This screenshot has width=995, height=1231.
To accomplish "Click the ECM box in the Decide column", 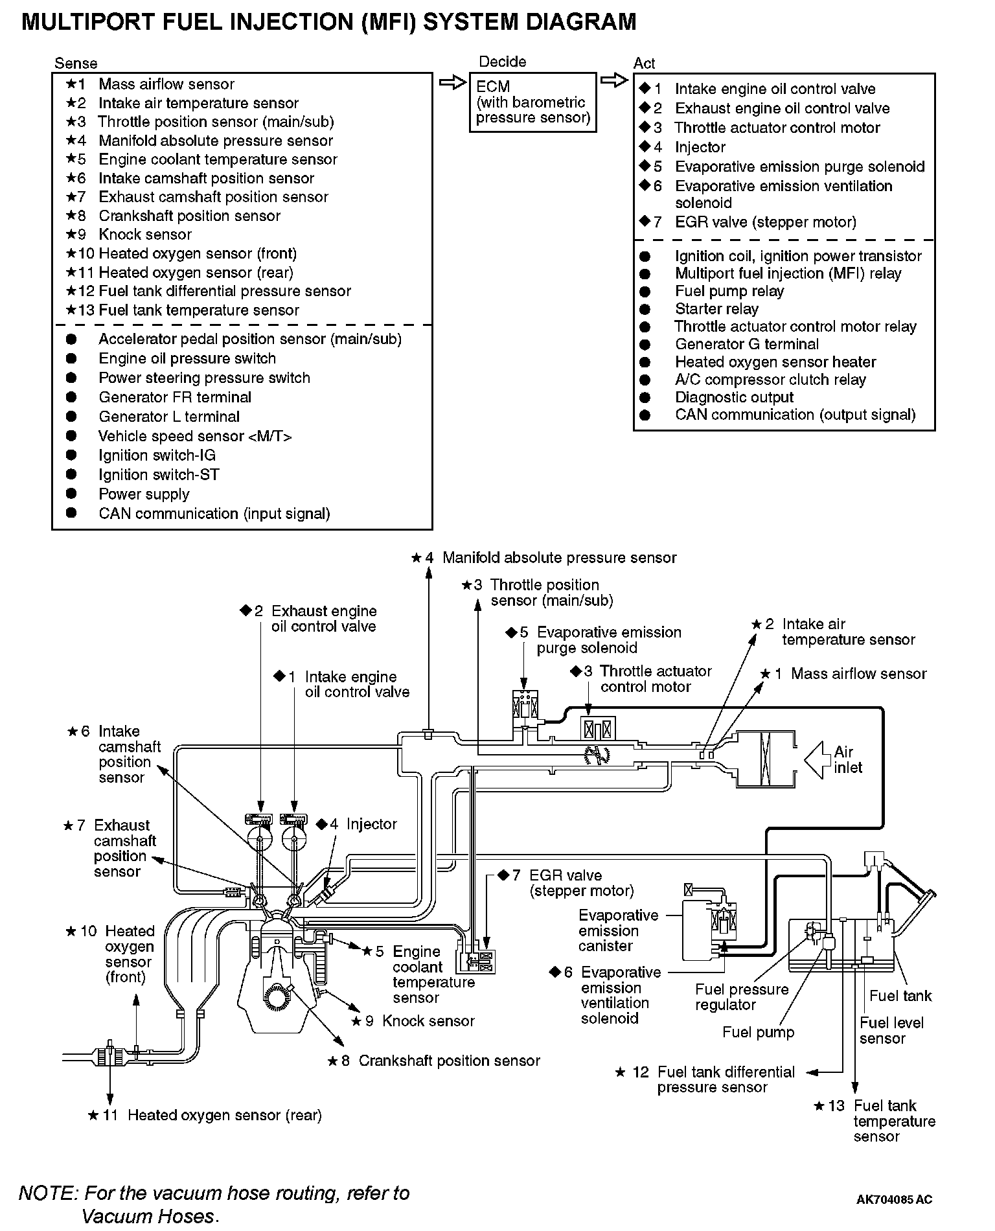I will [532, 102].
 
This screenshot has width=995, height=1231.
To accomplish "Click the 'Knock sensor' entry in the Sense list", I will [144, 235].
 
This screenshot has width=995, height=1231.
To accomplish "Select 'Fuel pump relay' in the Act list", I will [729, 292].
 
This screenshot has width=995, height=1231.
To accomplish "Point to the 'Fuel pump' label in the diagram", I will [758, 1032].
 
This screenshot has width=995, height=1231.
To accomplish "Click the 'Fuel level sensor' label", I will [891, 1030].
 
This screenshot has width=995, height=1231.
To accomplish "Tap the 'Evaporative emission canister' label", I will [618, 930].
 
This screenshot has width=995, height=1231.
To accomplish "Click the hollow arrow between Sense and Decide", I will [452, 82].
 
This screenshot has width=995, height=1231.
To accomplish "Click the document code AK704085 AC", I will [894, 1199].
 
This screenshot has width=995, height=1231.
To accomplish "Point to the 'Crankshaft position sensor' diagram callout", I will [449, 1061].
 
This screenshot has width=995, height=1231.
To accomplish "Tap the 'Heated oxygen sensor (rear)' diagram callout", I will [224, 1115].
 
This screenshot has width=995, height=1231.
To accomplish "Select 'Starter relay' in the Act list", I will [716, 309].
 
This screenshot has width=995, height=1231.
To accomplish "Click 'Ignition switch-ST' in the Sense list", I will [159, 475].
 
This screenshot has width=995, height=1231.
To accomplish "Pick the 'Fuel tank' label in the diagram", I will [900, 996].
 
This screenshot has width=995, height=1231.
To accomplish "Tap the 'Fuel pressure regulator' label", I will [742, 997].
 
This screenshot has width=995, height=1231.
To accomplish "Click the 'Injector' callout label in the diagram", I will [371, 824].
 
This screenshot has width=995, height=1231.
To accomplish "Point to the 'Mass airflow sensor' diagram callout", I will [858, 674].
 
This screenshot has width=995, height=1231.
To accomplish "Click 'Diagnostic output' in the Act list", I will [734, 397].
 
